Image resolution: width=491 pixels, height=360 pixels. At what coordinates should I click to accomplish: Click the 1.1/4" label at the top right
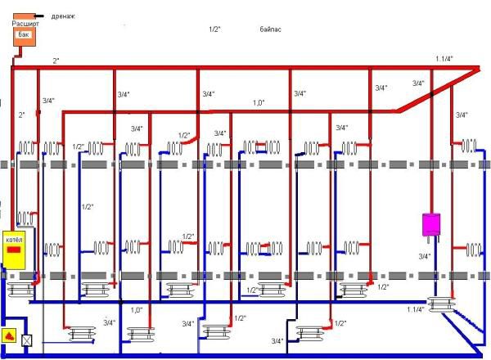click(444, 58)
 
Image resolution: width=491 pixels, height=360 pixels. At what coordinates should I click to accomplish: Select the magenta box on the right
click(430, 224)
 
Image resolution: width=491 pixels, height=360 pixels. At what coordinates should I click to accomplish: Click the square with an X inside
click(27, 340)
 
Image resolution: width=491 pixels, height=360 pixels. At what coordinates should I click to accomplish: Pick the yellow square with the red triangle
click(10, 336)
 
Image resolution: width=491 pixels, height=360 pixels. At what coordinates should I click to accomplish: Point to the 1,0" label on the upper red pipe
click(259, 103)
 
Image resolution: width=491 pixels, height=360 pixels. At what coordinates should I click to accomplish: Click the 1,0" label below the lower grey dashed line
click(137, 309)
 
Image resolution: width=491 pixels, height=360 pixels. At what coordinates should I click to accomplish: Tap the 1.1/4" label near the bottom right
click(416, 309)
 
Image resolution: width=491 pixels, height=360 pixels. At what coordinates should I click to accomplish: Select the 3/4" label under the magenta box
click(424, 256)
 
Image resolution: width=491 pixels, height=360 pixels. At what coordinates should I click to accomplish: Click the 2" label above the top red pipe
click(56, 61)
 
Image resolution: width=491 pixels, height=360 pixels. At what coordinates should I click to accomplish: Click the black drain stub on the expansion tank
click(38, 16)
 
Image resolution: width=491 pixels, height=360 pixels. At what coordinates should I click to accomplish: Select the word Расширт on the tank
click(26, 25)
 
